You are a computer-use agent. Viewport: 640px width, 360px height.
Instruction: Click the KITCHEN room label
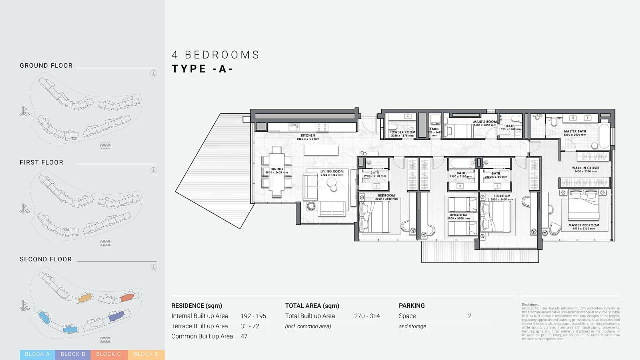click(x=308, y=135)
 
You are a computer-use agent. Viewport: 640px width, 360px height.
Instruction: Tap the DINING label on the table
click(x=277, y=169)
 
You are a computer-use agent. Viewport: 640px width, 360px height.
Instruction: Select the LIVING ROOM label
click(x=332, y=172)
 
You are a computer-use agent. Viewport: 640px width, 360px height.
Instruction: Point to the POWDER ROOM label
click(x=402, y=132)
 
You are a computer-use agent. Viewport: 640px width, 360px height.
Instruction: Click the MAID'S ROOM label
click(x=485, y=122)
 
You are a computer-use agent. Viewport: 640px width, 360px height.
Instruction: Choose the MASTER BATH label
click(x=574, y=132)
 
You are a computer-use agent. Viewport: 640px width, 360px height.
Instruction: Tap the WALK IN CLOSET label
click(x=586, y=168)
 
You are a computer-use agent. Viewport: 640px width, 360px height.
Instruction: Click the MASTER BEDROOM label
click(x=583, y=225)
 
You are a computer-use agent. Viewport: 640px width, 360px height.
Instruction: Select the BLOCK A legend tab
click(x=37, y=354)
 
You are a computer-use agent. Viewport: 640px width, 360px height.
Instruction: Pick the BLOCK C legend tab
click(x=109, y=354)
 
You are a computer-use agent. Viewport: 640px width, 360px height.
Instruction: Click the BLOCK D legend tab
click(x=146, y=354)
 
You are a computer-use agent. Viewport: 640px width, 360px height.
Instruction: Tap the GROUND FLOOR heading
click(x=46, y=65)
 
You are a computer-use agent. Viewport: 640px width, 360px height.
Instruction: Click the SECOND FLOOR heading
click(x=46, y=259)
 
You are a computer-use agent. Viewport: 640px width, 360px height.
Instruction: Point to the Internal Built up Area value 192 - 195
click(x=253, y=316)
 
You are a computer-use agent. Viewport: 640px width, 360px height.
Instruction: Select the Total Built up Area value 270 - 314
click(x=367, y=316)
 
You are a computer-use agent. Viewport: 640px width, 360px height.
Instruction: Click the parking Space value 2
click(x=470, y=316)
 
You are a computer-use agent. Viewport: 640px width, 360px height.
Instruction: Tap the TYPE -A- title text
click(x=202, y=69)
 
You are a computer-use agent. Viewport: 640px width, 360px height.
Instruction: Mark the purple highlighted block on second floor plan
click(x=116, y=315)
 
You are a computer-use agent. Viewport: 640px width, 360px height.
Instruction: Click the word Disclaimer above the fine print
click(x=530, y=304)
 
